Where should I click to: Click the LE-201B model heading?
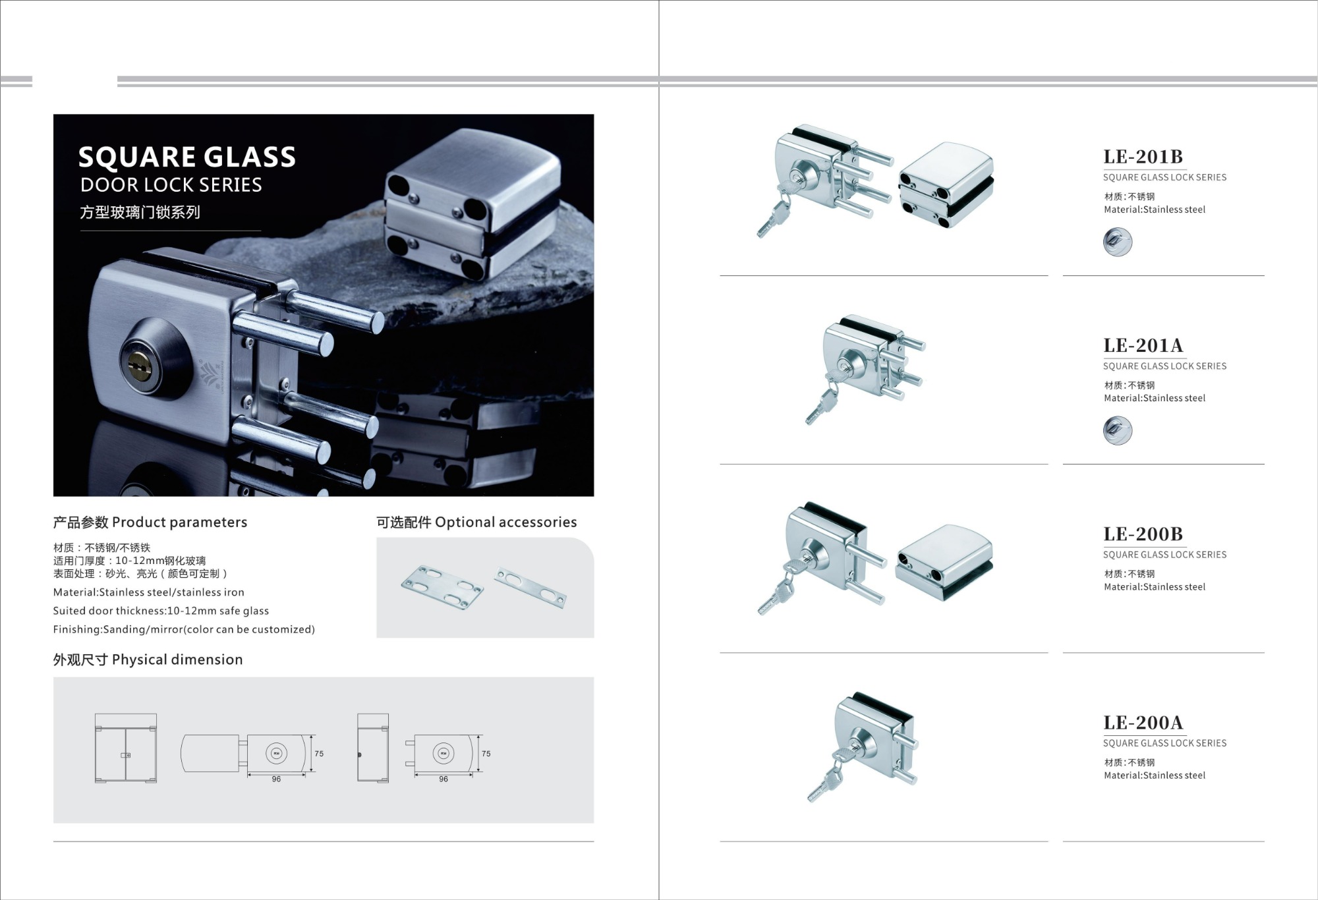click(x=1143, y=157)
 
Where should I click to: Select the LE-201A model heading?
click(x=1143, y=345)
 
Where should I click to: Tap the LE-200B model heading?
click(x=1143, y=534)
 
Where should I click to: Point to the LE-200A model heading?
click(x=1143, y=723)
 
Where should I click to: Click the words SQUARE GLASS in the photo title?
click(x=187, y=157)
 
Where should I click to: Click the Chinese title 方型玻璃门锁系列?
click(x=140, y=212)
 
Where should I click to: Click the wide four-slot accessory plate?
click(x=442, y=587)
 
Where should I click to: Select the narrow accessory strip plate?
click(x=530, y=588)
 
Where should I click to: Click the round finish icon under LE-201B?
click(x=1118, y=242)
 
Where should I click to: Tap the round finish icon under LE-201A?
click(x=1118, y=431)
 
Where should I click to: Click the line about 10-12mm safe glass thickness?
click(x=161, y=611)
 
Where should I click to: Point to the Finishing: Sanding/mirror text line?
click(x=184, y=629)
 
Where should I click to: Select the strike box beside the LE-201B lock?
click(x=946, y=184)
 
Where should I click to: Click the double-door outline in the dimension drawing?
click(x=126, y=748)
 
